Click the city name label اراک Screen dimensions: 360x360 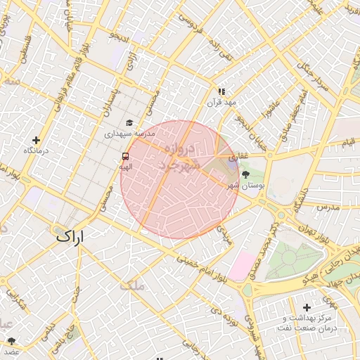[70, 236]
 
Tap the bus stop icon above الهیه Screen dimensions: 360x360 [125, 156]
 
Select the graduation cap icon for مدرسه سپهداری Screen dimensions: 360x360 [129, 123]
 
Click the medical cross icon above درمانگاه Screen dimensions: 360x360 [36, 140]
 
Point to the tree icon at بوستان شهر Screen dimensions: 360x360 [245, 174]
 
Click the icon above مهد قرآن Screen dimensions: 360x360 [221, 91]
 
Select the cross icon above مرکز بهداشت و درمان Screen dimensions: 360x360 [307, 307]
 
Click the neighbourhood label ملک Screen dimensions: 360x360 [131, 285]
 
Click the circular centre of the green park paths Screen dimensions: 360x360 [289, 256]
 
